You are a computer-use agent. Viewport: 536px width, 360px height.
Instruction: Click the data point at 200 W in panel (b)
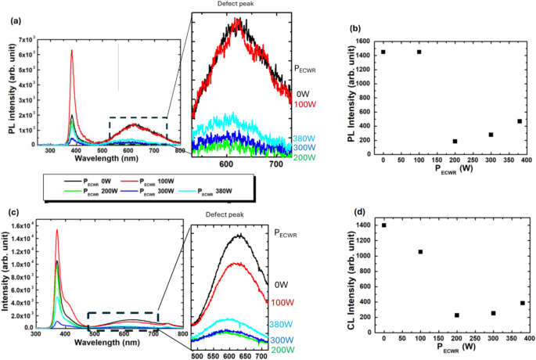click(x=455, y=142)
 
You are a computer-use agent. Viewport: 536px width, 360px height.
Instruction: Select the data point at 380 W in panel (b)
click(x=519, y=121)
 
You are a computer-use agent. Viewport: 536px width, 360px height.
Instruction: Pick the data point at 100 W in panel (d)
click(x=420, y=252)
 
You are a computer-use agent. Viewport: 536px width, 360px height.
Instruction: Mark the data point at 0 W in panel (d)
click(x=383, y=225)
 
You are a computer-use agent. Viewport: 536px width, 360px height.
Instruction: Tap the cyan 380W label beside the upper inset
click(x=304, y=139)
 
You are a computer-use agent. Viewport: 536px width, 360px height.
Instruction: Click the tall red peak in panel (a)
click(x=72, y=53)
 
